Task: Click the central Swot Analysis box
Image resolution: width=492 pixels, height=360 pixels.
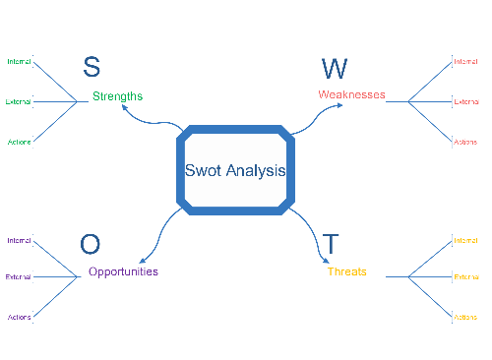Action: point(235,169)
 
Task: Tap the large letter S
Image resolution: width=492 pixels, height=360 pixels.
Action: point(91,67)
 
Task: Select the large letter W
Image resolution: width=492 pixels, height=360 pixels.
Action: point(335,68)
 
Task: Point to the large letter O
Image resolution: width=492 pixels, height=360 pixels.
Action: point(90,244)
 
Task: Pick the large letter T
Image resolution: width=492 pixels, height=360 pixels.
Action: point(331,244)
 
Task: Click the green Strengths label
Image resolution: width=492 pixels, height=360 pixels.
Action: point(117,96)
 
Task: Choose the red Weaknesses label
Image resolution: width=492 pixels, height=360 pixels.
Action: point(351,94)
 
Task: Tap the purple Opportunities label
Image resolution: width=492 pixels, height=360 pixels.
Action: point(123,271)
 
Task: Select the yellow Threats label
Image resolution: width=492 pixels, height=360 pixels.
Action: point(346,271)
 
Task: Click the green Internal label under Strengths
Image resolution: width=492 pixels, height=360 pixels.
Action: point(19,61)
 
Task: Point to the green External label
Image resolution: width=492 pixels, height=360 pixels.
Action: point(19,101)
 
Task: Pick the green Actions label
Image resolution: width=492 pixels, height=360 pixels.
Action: point(20,142)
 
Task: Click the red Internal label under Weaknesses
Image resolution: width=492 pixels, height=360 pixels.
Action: point(465,61)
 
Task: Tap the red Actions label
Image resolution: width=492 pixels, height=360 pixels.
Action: point(465,142)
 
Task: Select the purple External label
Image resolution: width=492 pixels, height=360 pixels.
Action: point(19,277)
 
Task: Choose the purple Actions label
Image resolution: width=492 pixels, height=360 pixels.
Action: point(20,317)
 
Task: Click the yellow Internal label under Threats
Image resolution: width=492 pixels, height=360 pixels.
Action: point(465,240)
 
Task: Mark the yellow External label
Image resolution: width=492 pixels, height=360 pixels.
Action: point(465,277)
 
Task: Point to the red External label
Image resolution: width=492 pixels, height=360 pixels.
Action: point(465,101)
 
